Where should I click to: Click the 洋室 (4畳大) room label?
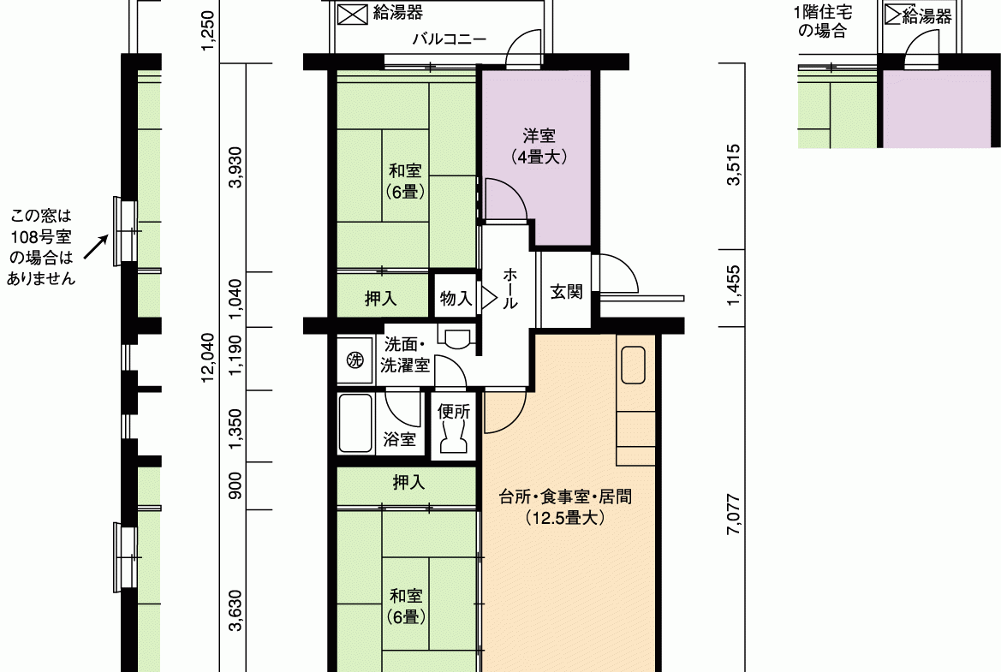[539, 146]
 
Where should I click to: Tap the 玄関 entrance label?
[566, 292]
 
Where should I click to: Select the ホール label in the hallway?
[509, 288]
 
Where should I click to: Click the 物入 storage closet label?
[456, 298]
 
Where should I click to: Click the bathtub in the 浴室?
[355, 423]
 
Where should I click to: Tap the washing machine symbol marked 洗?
[355, 360]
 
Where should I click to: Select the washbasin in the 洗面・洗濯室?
[456, 338]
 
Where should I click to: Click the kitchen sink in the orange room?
[634, 365]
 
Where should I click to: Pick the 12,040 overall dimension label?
[208, 357]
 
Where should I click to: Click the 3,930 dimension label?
[235, 167]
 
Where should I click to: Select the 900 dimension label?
[235, 485]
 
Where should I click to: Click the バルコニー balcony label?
[449, 39]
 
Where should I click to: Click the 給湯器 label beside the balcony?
[397, 13]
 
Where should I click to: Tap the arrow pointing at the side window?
[97, 247]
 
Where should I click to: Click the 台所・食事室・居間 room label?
[566, 497]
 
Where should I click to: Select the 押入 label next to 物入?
[380, 298]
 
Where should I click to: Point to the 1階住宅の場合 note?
[822, 21]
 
